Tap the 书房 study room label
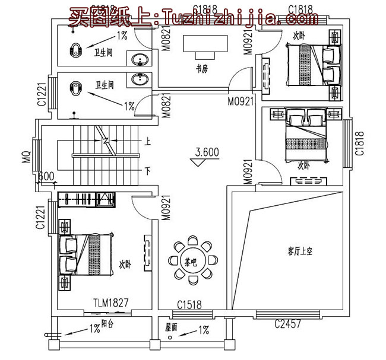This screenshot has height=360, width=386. (x=202, y=69)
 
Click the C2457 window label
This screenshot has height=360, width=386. (x=287, y=324)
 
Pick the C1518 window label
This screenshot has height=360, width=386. (x=189, y=305)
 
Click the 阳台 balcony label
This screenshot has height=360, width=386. (x=107, y=324)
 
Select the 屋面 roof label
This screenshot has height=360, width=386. (x=171, y=326)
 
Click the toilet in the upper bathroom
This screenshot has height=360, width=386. (x=75, y=50)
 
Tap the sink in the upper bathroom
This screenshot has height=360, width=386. (x=140, y=59)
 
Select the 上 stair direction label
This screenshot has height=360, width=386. (x=147, y=142)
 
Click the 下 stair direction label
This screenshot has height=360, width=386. (x=147, y=171)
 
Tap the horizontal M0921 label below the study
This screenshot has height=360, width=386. (x=241, y=101)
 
